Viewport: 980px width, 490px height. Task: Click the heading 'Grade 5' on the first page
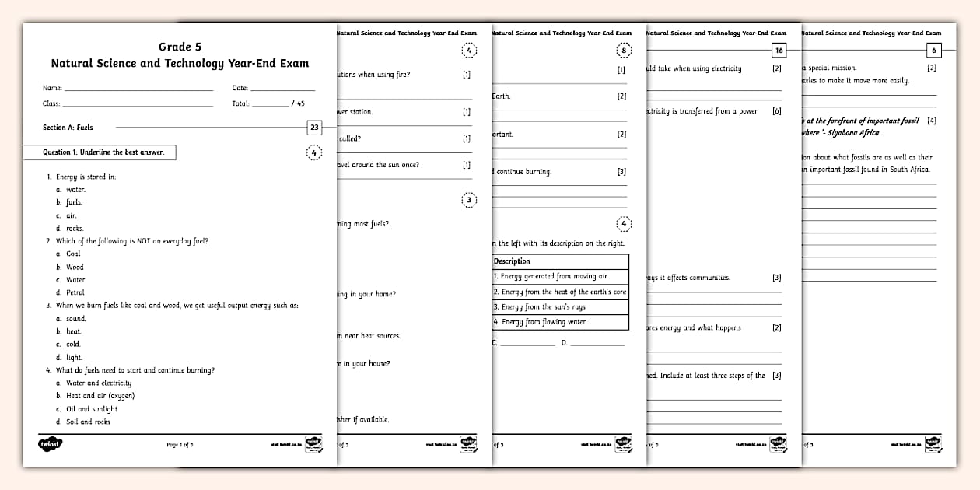click(180, 47)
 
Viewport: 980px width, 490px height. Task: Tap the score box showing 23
click(314, 128)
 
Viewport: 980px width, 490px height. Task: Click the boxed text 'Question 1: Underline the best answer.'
click(100, 152)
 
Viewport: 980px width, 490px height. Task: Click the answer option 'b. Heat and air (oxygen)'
click(94, 396)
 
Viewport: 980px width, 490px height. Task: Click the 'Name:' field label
click(52, 89)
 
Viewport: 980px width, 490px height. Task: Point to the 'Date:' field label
click(240, 89)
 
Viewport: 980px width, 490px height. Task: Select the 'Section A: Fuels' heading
click(68, 127)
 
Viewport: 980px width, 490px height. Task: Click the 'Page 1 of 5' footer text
click(180, 445)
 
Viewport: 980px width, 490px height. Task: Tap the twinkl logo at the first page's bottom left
click(51, 444)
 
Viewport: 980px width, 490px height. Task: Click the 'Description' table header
click(512, 261)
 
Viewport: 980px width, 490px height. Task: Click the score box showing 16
click(779, 51)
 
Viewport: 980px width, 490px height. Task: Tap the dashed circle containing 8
click(624, 51)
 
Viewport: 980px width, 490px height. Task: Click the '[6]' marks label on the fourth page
click(776, 111)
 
